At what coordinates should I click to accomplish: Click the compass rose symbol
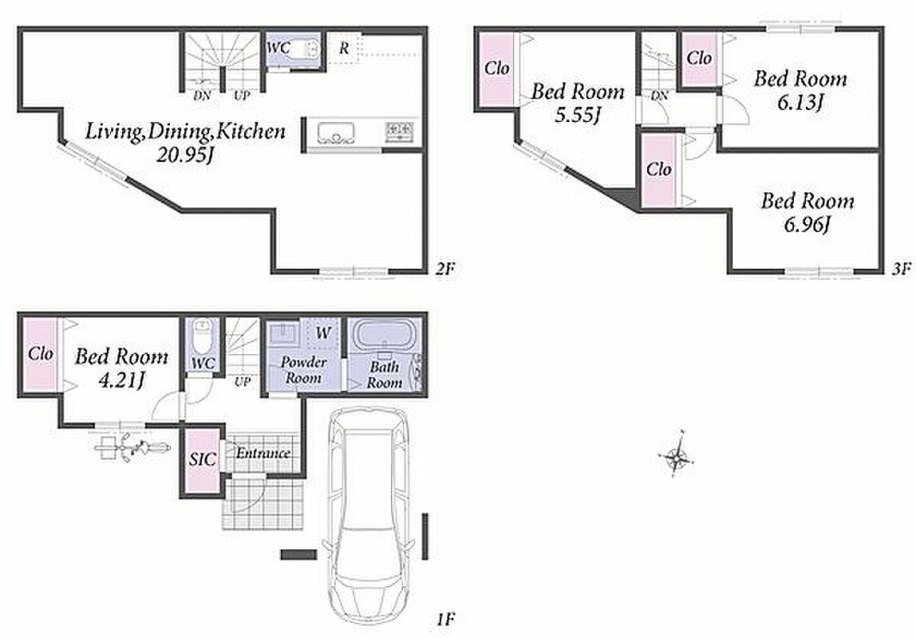point(677,456)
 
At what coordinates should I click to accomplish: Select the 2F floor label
point(444,269)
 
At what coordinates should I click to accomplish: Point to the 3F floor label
point(902,269)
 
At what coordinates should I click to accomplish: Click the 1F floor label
point(444,619)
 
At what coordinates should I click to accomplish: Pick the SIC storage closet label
point(202,459)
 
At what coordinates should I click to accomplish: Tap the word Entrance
point(263,453)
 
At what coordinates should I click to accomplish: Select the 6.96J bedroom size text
point(807,224)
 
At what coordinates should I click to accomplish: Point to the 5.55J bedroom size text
point(578,114)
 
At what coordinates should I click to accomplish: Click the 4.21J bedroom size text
point(121,380)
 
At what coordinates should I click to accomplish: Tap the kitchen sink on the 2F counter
point(336,133)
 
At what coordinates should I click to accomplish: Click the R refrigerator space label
point(343,49)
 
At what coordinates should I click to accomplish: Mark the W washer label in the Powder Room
point(323,333)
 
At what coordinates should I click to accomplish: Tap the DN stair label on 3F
point(660,95)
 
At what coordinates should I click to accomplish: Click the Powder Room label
point(303,370)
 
